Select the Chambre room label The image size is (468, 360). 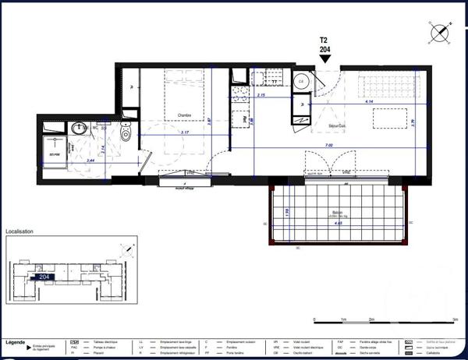pos(184,115)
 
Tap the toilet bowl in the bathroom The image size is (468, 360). pos(126,134)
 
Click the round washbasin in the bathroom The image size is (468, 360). pos(77,129)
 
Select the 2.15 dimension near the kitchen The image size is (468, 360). pos(261,95)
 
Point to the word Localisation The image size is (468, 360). pos(23,231)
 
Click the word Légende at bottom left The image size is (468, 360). pos(15,342)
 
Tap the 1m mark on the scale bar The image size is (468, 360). pos(344,319)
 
